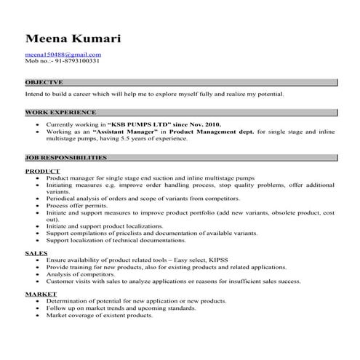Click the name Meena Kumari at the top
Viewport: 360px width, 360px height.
[x=72, y=38]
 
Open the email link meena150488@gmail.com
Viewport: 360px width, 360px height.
[x=63, y=54]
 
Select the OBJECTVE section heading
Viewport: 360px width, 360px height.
[x=44, y=83]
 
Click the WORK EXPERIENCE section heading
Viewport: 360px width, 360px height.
[x=60, y=113]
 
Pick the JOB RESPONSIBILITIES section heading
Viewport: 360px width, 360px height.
[x=65, y=157]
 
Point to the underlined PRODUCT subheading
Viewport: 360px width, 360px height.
[x=42, y=171]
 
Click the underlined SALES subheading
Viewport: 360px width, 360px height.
[x=36, y=252]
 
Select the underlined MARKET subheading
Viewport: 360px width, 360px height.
[x=41, y=294]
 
